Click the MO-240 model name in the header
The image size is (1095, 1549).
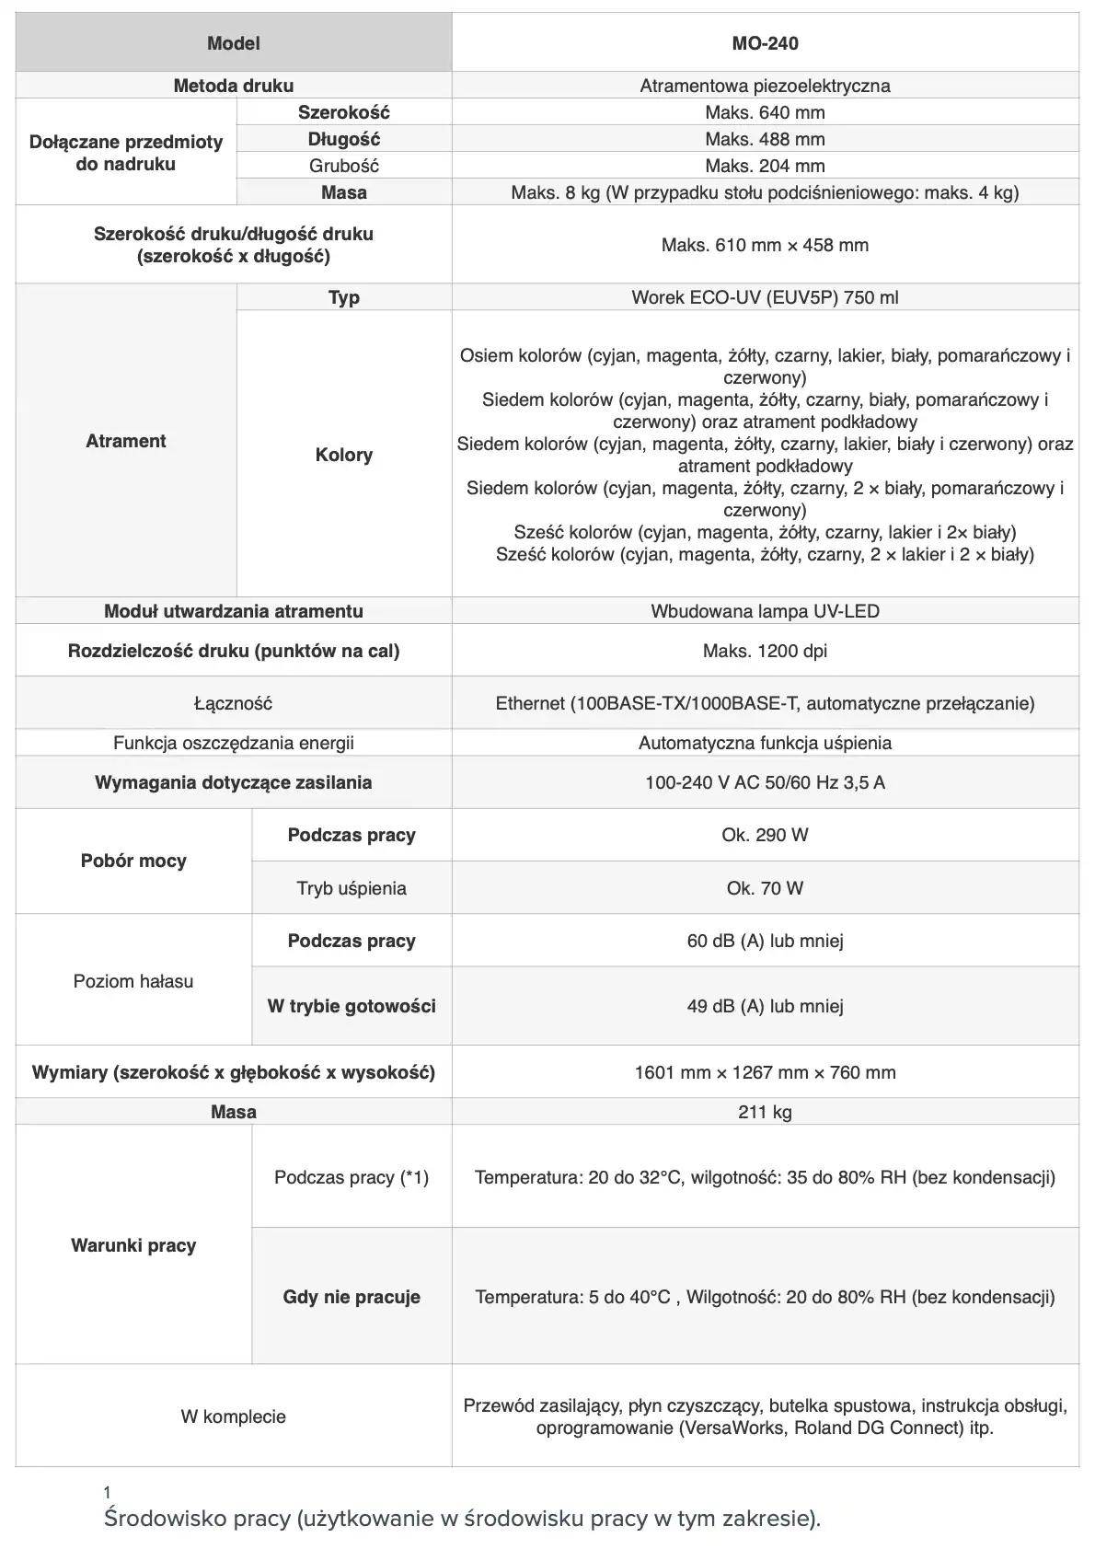pyautogui.click(x=765, y=43)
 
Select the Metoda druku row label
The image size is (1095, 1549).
pyautogui.click(x=233, y=86)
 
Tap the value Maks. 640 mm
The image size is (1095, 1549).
pyautogui.click(x=765, y=112)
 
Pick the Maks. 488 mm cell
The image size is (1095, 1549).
pyautogui.click(x=765, y=139)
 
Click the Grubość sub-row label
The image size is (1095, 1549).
pyautogui.click(x=343, y=166)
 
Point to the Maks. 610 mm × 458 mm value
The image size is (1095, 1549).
pyautogui.click(x=765, y=245)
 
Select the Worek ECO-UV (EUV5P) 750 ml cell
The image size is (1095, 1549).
pyautogui.click(x=765, y=297)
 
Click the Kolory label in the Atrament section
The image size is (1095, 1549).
pyautogui.click(x=343, y=455)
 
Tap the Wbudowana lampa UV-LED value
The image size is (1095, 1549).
pyautogui.click(x=765, y=611)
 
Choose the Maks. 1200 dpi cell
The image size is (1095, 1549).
pyautogui.click(x=765, y=651)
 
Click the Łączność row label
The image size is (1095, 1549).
pyautogui.click(x=233, y=703)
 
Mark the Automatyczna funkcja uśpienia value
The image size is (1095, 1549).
pyautogui.click(x=765, y=743)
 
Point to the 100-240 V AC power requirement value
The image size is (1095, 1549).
pyautogui.click(x=765, y=782)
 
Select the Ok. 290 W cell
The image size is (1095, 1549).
pyautogui.click(x=765, y=835)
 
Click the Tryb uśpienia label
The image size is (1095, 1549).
pyautogui.click(x=352, y=888)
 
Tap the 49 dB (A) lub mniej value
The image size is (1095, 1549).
pyautogui.click(x=765, y=1006)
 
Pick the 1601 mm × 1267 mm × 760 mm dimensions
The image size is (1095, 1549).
pyautogui.click(x=765, y=1072)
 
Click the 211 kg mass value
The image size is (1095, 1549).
pyautogui.click(x=765, y=1112)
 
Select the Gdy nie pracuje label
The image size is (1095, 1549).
pyautogui.click(x=352, y=1297)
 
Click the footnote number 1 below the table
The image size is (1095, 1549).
pyautogui.click(x=108, y=1493)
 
